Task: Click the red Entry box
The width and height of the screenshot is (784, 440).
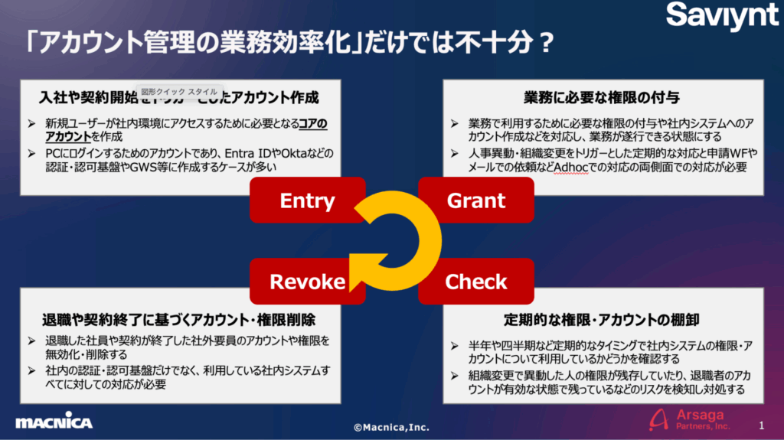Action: (307, 201)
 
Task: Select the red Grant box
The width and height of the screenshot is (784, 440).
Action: (476, 201)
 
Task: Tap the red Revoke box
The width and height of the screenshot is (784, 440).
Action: (307, 282)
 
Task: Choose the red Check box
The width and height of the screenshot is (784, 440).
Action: (475, 282)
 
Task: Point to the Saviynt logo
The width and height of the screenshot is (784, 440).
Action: (721, 17)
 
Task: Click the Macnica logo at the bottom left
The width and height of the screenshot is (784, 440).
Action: (54, 422)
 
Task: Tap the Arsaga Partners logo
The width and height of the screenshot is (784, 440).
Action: (688, 419)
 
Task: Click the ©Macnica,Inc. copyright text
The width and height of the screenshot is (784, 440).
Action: (391, 427)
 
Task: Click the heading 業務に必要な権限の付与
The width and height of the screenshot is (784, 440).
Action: (603, 98)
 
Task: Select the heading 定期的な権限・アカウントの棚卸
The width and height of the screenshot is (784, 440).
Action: (601, 319)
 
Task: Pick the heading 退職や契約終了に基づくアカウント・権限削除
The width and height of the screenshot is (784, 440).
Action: (179, 319)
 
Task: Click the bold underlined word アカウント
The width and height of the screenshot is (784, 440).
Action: (67, 137)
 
